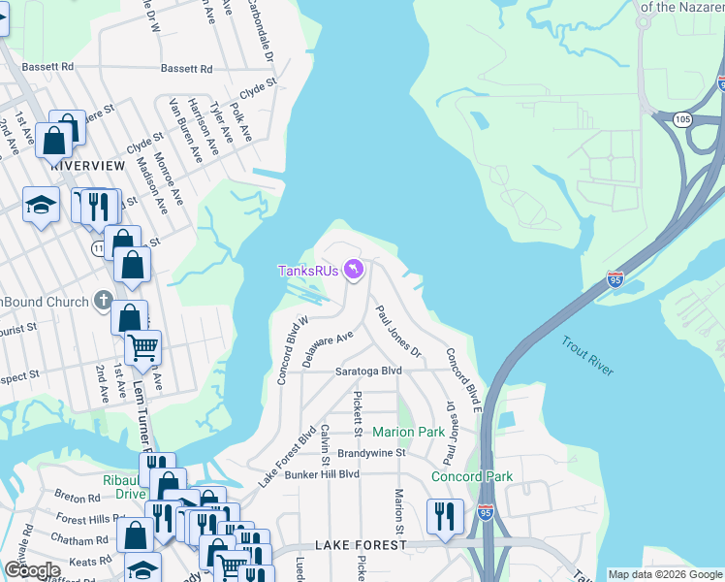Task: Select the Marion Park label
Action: coord(409,432)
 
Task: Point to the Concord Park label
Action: coord(471,476)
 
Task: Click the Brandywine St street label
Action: coord(370,453)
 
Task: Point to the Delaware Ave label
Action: coord(326,348)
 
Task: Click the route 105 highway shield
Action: coord(682,119)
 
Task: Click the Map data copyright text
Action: coord(665,574)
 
